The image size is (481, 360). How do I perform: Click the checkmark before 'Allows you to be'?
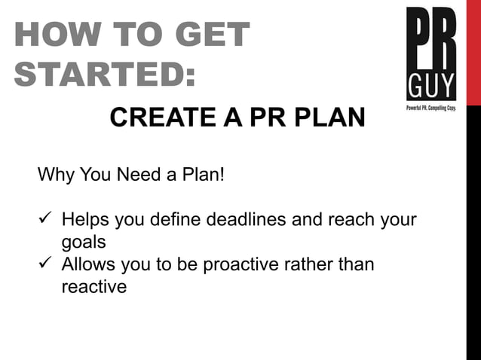point(44,265)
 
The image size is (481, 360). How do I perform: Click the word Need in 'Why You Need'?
point(137,176)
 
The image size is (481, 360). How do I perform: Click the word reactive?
point(93,287)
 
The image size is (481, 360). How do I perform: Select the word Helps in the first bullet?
point(86,221)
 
